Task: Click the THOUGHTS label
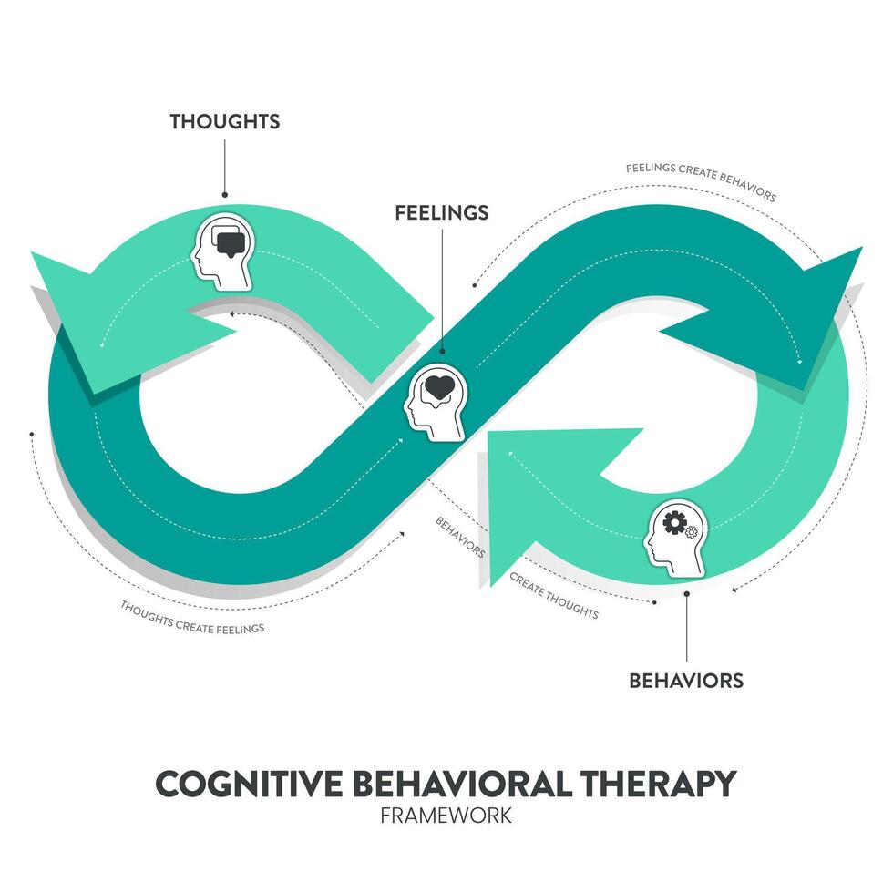[224, 121]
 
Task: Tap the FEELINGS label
[441, 212]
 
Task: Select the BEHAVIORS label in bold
[686, 680]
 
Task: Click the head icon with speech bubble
[222, 251]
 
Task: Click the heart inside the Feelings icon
[440, 387]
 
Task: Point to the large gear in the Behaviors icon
[675, 523]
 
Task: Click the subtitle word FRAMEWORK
[446, 814]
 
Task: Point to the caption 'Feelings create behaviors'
[700, 181]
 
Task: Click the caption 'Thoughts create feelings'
[192, 616]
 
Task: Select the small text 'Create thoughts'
[553, 595]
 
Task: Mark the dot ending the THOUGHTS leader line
[224, 194]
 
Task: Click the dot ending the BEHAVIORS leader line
[686, 592]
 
